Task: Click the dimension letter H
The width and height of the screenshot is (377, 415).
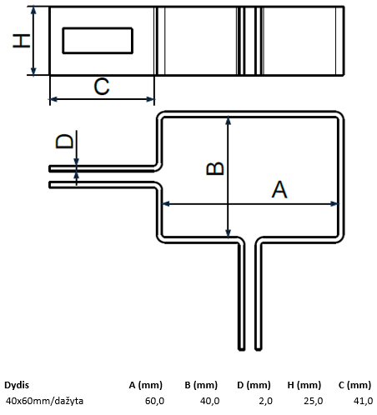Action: click(x=22, y=41)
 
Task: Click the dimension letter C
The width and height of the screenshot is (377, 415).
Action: click(x=102, y=87)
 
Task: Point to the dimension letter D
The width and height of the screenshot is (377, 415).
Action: click(x=64, y=141)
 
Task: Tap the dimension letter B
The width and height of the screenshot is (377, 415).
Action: click(x=215, y=168)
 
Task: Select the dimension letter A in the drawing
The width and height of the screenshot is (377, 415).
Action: click(x=279, y=189)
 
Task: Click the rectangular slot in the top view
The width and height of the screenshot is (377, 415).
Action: click(x=98, y=41)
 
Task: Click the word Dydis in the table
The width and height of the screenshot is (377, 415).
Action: click(x=17, y=386)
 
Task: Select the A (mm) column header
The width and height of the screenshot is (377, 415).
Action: click(x=146, y=385)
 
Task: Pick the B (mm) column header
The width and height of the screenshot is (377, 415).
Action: click(x=201, y=385)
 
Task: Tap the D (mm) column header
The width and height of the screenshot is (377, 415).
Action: click(x=254, y=385)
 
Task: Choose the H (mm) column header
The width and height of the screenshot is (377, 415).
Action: click(x=304, y=385)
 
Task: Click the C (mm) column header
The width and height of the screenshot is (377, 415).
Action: click(x=354, y=385)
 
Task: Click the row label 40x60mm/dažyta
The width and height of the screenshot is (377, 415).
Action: click(x=44, y=401)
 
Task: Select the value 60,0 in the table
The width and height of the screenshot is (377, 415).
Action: click(x=154, y=401)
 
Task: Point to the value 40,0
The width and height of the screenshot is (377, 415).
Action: click(x=209, y=401)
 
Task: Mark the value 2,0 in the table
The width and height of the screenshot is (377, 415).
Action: click(x=266, y=401)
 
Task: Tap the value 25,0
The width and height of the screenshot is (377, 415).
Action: click(x=314, y=401)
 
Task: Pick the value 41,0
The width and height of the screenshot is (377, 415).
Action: click(x=363, y=401)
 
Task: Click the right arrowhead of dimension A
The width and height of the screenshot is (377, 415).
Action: click(x=336, y=204)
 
